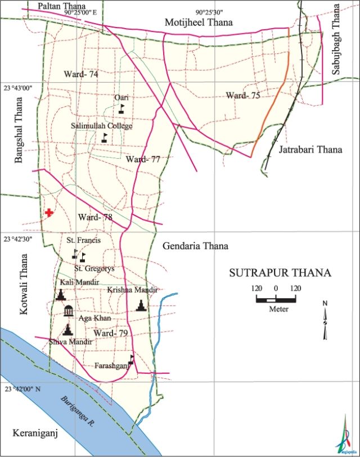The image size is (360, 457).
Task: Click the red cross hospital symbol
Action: click(49, 213)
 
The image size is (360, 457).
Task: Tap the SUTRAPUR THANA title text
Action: click(280, 274)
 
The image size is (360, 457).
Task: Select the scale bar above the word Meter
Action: click(276, 299)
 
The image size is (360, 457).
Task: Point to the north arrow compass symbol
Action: click(325, 321)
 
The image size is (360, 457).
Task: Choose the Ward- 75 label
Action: click(243, 96)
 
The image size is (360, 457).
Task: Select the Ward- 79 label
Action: click(111, 334)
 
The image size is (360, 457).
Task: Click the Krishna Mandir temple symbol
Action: click(141, 306)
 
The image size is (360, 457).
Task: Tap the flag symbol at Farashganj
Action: click(132, 360)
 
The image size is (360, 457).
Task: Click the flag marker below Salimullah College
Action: click(105, 137)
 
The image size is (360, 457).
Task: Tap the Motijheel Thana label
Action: click(199, 22)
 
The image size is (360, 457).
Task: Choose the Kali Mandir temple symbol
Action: click(60, 294)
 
